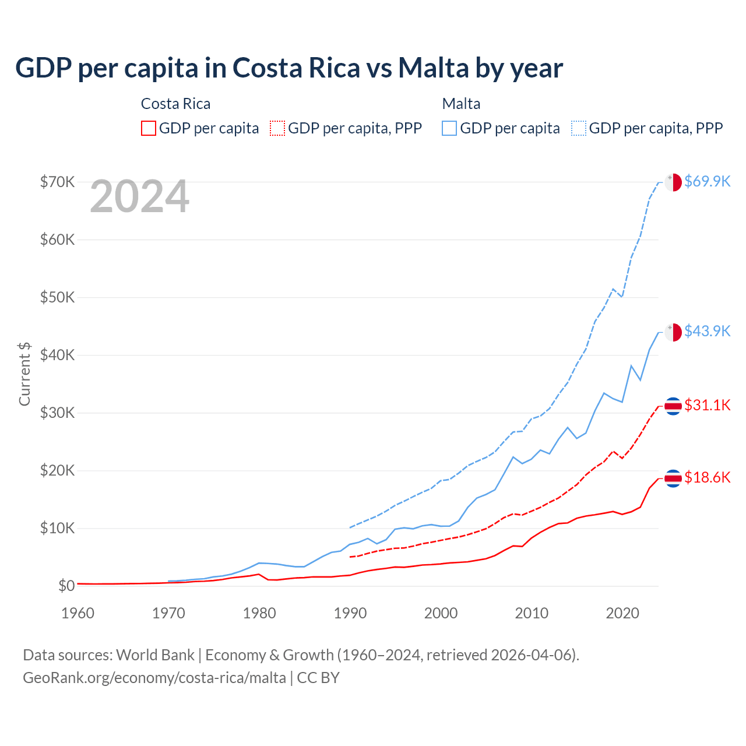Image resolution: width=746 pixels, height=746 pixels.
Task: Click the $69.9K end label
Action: (x=707, y=181)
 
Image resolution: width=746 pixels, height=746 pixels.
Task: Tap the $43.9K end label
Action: (x=707, y=331)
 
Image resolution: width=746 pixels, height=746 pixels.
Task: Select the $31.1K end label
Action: (x=707, y=405)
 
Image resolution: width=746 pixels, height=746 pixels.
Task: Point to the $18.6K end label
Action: (x=707, y=478)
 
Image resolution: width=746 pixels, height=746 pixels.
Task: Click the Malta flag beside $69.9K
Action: (x=673, y=182)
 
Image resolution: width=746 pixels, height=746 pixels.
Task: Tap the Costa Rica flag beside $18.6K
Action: (x=673, y=478)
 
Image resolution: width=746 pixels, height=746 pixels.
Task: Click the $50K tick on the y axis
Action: (x=57, y=297)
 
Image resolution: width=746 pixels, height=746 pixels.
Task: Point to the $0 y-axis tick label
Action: (x=66, y=586)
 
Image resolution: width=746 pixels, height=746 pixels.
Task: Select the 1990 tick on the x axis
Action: (x=350, y=613)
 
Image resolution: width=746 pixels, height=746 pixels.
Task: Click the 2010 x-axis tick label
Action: (x=532, y=613)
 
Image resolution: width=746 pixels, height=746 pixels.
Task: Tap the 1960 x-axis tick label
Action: (x=78, y=613)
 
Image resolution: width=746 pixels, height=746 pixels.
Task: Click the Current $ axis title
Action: (x=24, y=374)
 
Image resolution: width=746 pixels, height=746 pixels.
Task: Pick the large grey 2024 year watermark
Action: (x=139, y=197)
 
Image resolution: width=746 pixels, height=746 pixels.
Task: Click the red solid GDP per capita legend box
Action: (x=149, y=128)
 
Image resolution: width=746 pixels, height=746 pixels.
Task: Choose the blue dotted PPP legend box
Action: (x=579, y=128)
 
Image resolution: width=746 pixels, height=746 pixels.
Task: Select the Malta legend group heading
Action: (x=461, y=104)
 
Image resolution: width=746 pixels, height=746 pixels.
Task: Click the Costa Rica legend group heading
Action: (x=175, y=104)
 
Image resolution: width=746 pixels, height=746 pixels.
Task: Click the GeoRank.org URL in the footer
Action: (x=154, y=678)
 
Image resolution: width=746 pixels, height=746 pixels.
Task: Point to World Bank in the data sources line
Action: (x=155, y=655)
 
